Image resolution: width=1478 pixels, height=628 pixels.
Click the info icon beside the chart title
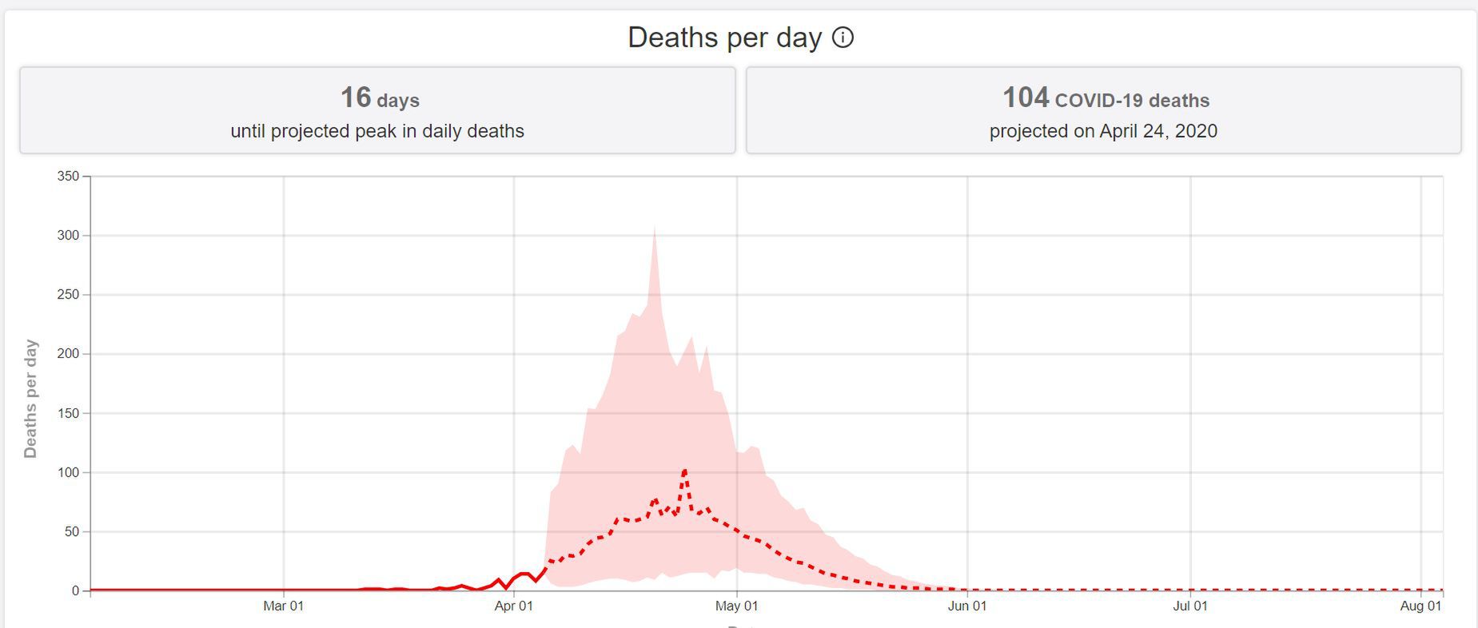(x=843, y=38)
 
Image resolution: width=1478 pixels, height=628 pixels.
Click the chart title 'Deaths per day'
(x=724, y=38)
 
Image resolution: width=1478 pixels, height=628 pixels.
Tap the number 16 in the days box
(x=356, y=97)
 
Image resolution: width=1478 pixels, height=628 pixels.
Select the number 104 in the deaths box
(x=1026, y=97)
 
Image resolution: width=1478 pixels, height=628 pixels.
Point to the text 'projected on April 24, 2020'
(x=1103, y=131)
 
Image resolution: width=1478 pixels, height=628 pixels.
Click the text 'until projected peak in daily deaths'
(x=377, y=131)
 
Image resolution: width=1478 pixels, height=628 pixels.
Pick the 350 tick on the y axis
(x=69, y=176)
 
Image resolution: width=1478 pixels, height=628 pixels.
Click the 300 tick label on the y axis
(x=69, y=236)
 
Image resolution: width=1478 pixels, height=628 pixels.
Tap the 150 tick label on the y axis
(x=69, y=413)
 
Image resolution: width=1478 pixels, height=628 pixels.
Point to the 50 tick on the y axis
(x=72, y=531)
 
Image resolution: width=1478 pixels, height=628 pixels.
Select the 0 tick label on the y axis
(x=76, y=590)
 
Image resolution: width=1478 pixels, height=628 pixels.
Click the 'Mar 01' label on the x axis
(x=283, y=606)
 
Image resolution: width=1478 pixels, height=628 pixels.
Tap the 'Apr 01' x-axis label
(x=513, y=606)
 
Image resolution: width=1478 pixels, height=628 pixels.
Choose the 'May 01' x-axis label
(x=736, y=606)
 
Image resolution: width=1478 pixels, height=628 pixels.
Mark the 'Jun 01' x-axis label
(x=967, y=606)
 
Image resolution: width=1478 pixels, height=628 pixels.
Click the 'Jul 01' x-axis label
(x=1190, y=606)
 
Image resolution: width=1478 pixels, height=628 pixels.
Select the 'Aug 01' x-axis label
(x=1420, y=606)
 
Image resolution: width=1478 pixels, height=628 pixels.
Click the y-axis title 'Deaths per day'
(x=30, y=399)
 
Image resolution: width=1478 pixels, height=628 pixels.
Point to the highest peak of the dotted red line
(x=685, y=471)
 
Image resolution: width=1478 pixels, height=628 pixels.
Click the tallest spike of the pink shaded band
(x=655, y=229)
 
